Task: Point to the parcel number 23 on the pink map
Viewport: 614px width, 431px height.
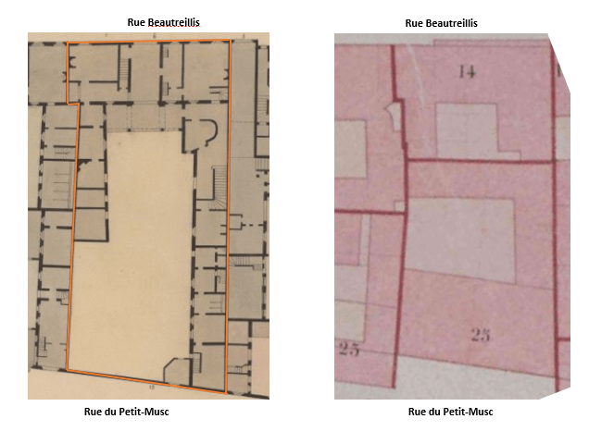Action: [x=480, y=336]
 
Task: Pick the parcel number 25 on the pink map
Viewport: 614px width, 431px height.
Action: [x=348, y=349]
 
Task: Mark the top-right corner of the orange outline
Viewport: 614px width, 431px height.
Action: [x=232, y=41]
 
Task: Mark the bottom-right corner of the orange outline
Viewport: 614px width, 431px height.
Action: [x=225, y=392]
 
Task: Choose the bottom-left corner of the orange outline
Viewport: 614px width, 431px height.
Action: [x=66, y=370]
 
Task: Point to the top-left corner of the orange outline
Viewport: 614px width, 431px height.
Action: [x=68, y=43]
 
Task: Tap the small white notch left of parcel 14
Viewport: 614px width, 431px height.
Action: [x=396, y=117]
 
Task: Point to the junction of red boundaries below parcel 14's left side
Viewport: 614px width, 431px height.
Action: [x=406, y=161]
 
